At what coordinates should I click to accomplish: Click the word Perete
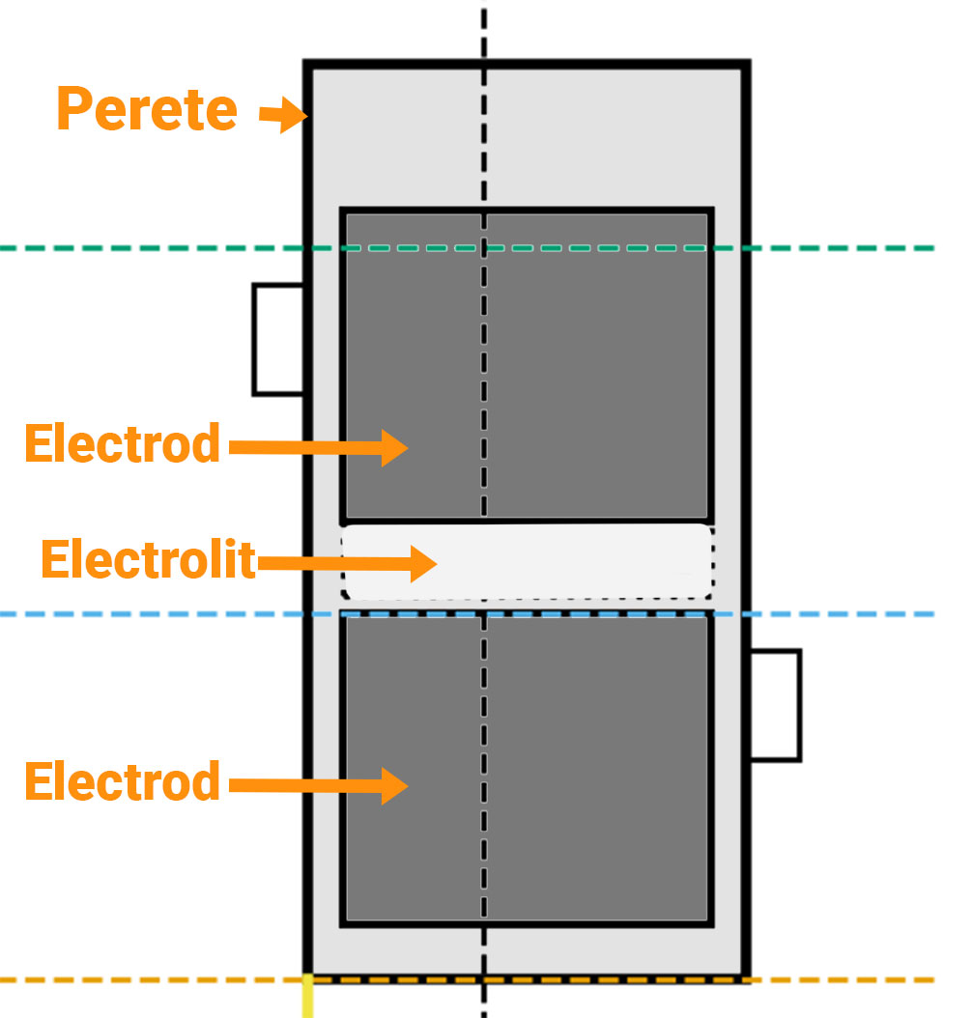(147, 109)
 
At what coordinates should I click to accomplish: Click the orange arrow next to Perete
(283, 115)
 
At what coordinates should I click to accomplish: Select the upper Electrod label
(123, 444)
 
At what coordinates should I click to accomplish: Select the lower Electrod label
(123, 781)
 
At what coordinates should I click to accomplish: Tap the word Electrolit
(148, 560)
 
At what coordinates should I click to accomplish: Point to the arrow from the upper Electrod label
(319, 447)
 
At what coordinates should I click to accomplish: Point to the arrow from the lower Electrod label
(319, 784)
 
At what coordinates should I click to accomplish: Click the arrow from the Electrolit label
(348, 563)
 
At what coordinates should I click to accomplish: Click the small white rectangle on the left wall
(278, 339)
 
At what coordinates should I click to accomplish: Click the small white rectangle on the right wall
(775, 705)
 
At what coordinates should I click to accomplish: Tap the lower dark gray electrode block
(599, 773)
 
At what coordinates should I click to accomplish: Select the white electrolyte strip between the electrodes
(580, 562)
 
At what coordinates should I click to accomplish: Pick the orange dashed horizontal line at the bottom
(850, 979)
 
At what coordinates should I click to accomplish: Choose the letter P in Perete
(74, 109)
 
